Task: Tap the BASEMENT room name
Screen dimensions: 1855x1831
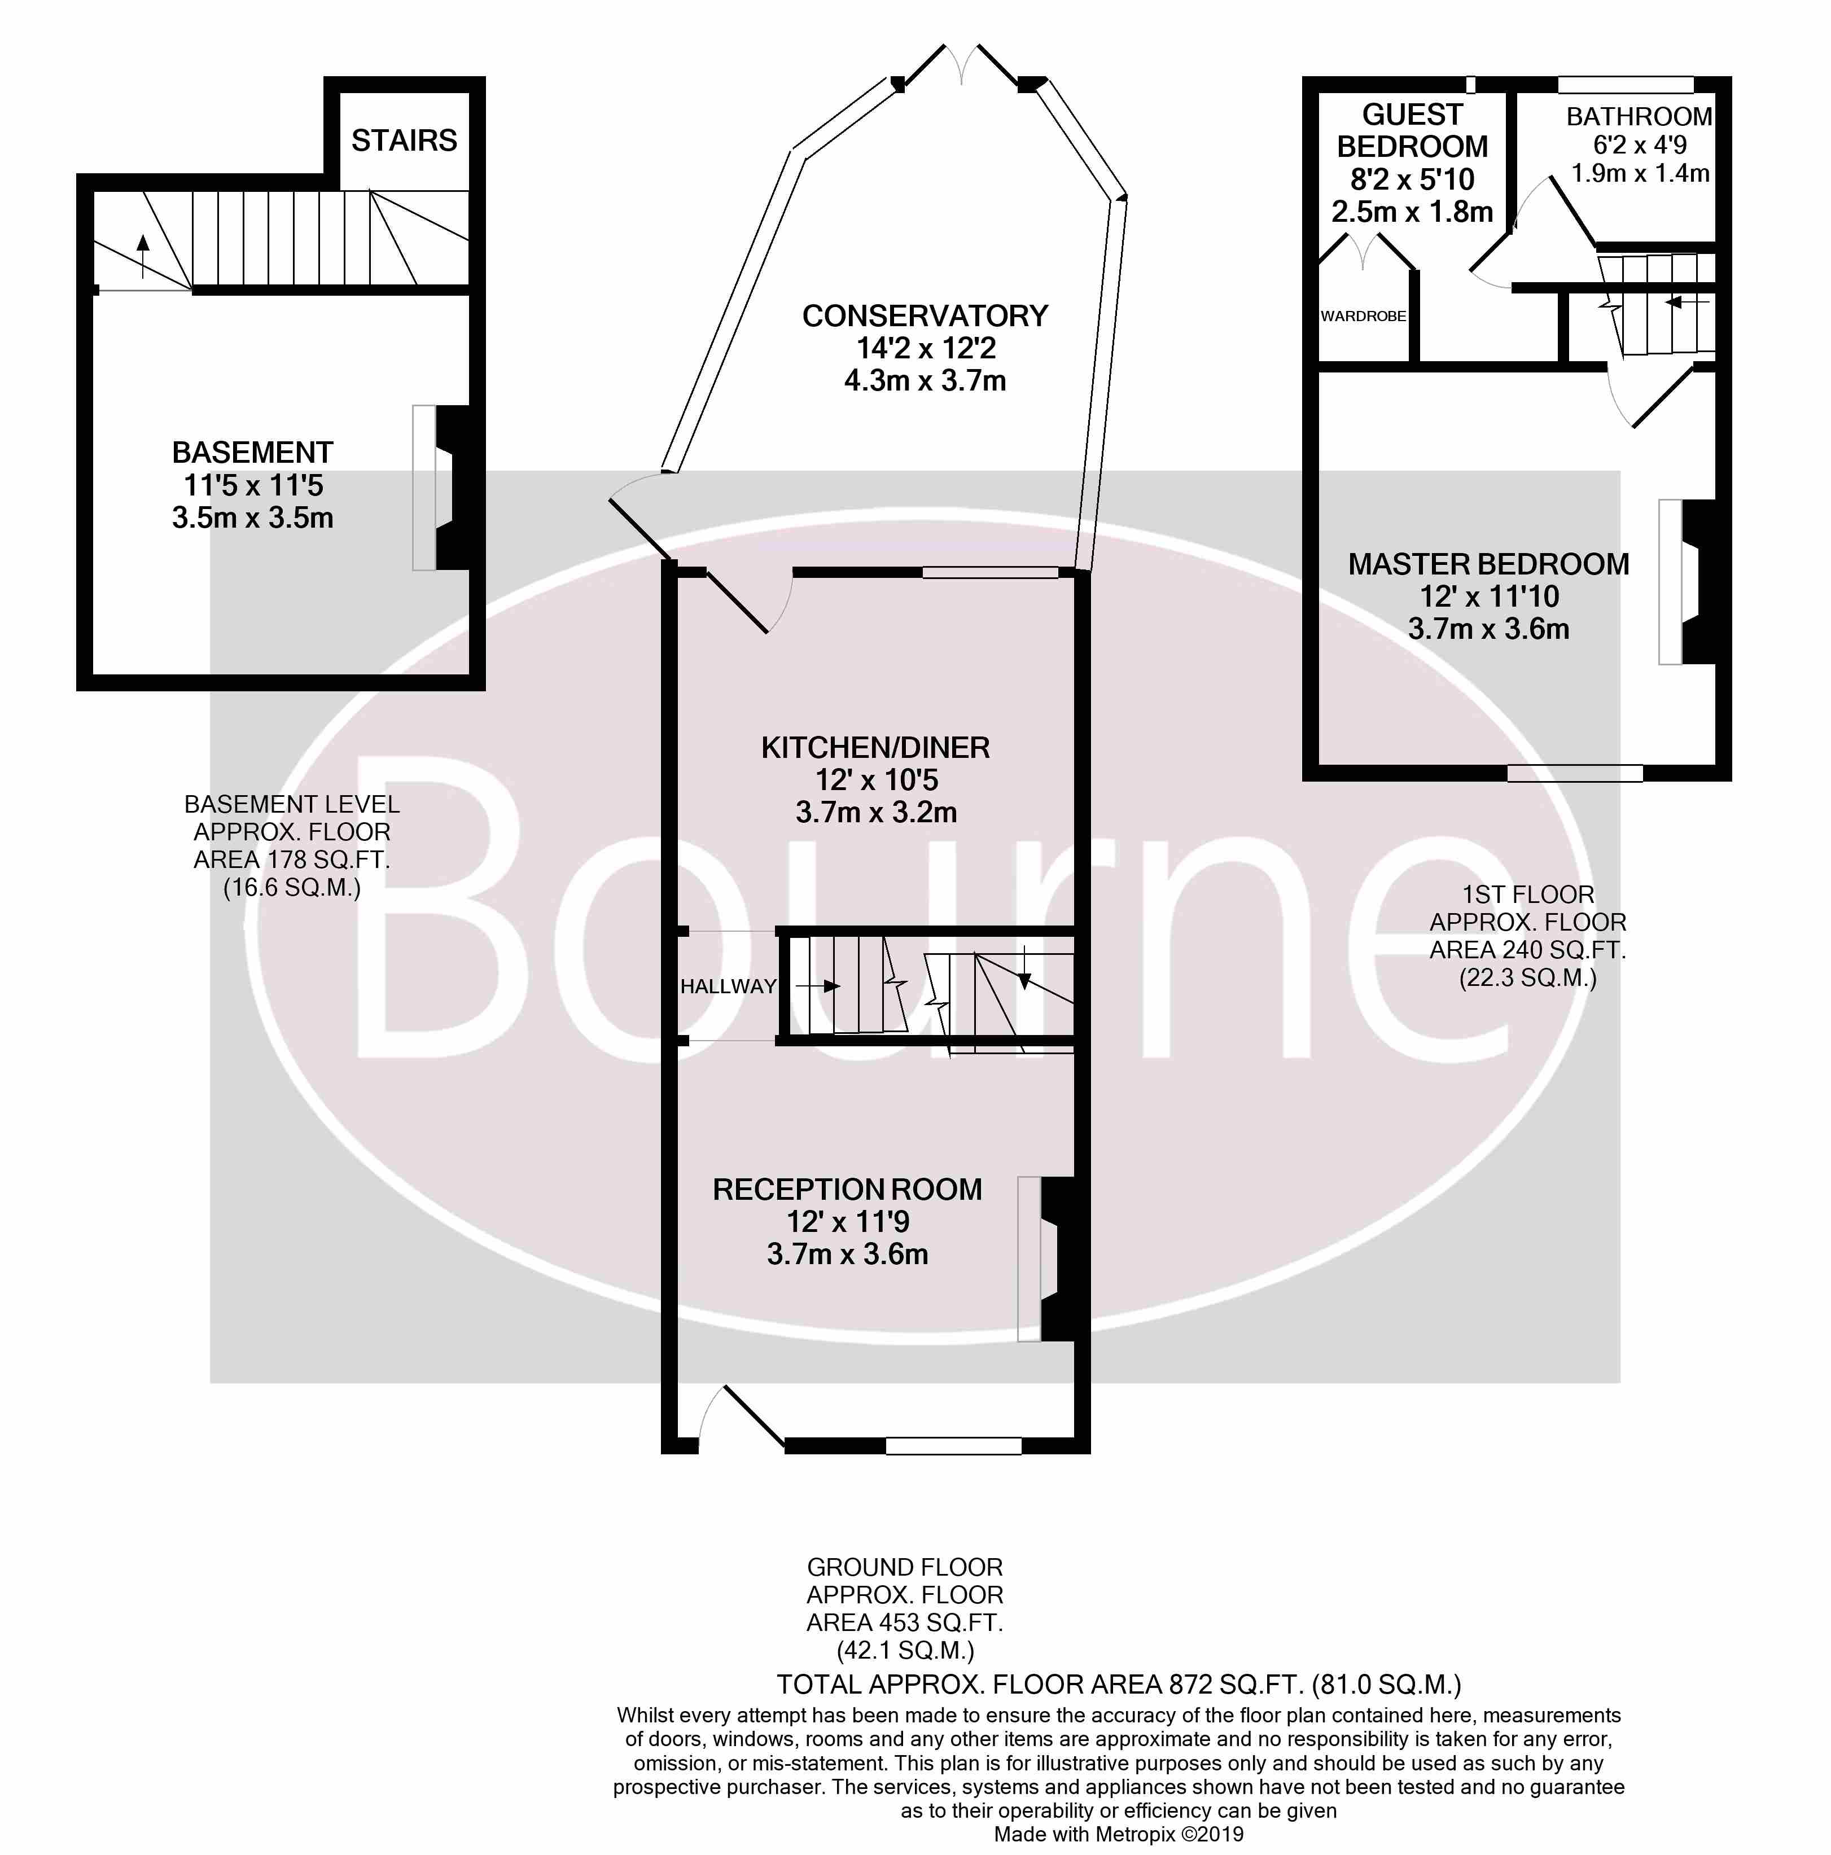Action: coord(252,452)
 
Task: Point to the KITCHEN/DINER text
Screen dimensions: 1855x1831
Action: coord(875,747)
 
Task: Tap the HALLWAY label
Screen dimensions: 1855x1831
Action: coord(728,986)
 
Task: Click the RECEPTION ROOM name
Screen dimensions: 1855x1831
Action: coord(847,1190)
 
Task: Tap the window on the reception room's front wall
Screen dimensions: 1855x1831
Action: coord(952,1445)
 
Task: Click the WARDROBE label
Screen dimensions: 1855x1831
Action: coord(1363,316)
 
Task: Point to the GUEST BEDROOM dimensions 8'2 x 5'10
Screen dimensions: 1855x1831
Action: coord(1412,179)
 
